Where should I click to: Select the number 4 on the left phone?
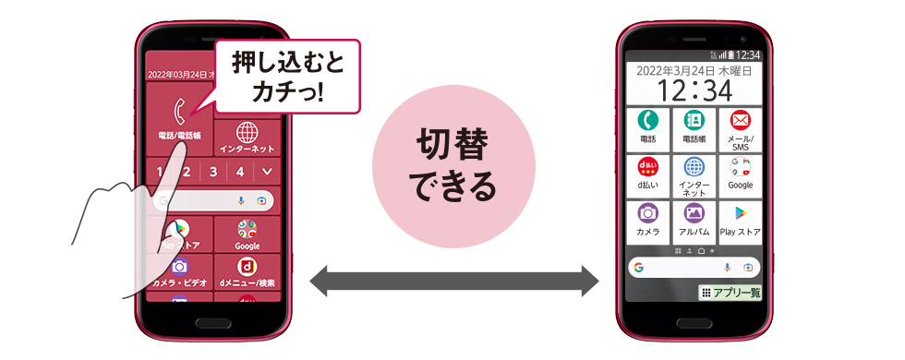[x=240, y=172]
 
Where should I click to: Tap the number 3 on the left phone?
[x=213, y=172]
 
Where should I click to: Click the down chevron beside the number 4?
[x=267, y=172]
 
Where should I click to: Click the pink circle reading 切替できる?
[x=452, y=166]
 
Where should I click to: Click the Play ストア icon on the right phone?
[x=740, y=220]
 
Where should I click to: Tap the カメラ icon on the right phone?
[x=648, y=220]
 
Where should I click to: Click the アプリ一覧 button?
[x=730, y=292]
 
